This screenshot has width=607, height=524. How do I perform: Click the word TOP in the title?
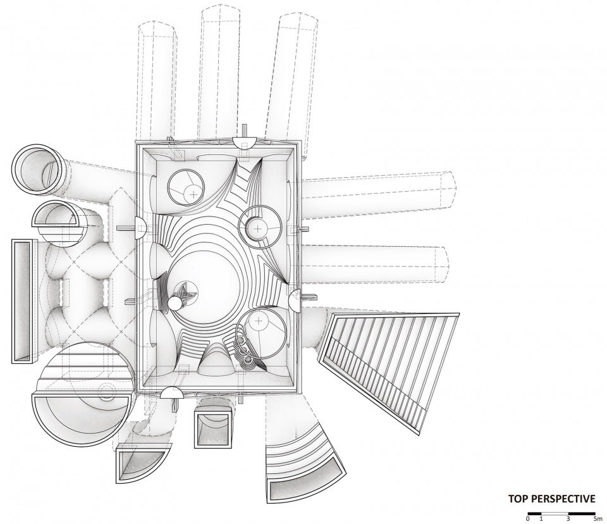pos(518,499)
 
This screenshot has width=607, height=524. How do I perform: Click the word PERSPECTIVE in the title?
pos(563,499)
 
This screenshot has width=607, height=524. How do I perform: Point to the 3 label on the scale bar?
pos(568,518)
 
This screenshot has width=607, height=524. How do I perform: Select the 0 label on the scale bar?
pos(527,518)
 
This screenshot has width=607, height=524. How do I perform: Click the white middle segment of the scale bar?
pos(555,513)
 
